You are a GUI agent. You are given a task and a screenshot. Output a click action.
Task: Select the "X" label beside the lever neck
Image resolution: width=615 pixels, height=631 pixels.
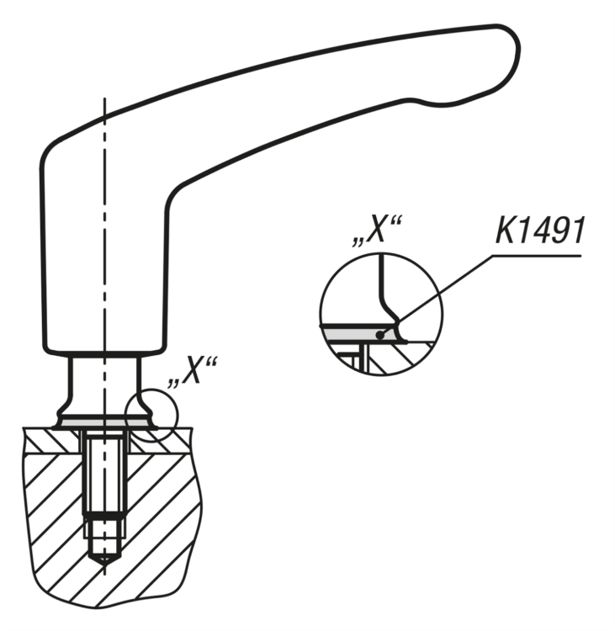(193, 370)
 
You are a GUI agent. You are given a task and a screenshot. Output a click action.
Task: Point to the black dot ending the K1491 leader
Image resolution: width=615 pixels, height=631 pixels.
(382, 335)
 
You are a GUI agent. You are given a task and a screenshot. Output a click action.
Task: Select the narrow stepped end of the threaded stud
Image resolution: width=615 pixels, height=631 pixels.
(103, 531)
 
